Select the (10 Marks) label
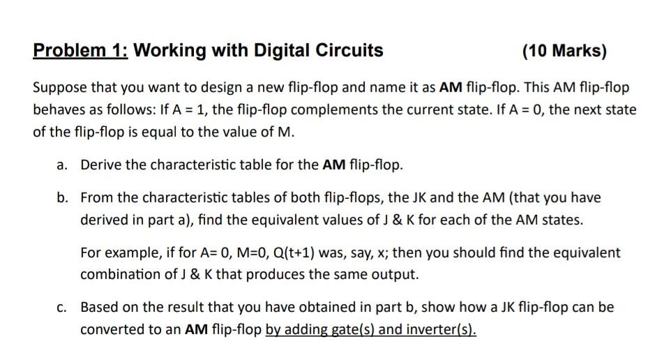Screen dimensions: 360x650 (x=564, y=51)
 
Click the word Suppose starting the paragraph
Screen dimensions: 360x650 (x=61, y=88)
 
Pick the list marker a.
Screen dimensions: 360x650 (x=63, y=165)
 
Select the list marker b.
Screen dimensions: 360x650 (x=63, y=197)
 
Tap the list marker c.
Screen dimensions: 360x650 (x=63, y=307)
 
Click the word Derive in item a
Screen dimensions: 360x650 (x=100, y=165)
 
